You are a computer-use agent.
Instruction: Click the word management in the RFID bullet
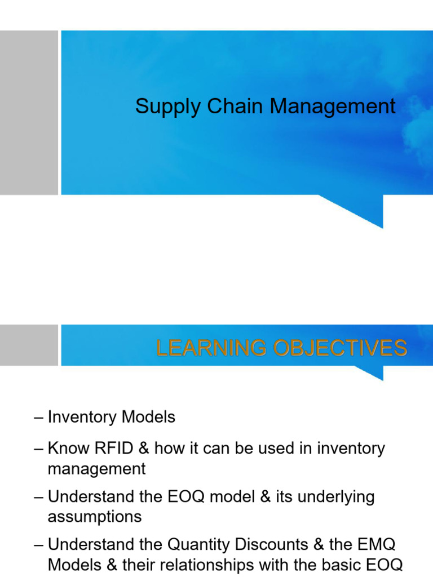[x=97, y=469]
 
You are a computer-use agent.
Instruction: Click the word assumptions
[x=95, y=517]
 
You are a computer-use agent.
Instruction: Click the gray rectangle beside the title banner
[x=29, y=113]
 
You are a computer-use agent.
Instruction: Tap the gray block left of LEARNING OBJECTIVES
[x=29, y=345]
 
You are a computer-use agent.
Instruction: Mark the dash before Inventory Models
[x=38, y=418]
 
